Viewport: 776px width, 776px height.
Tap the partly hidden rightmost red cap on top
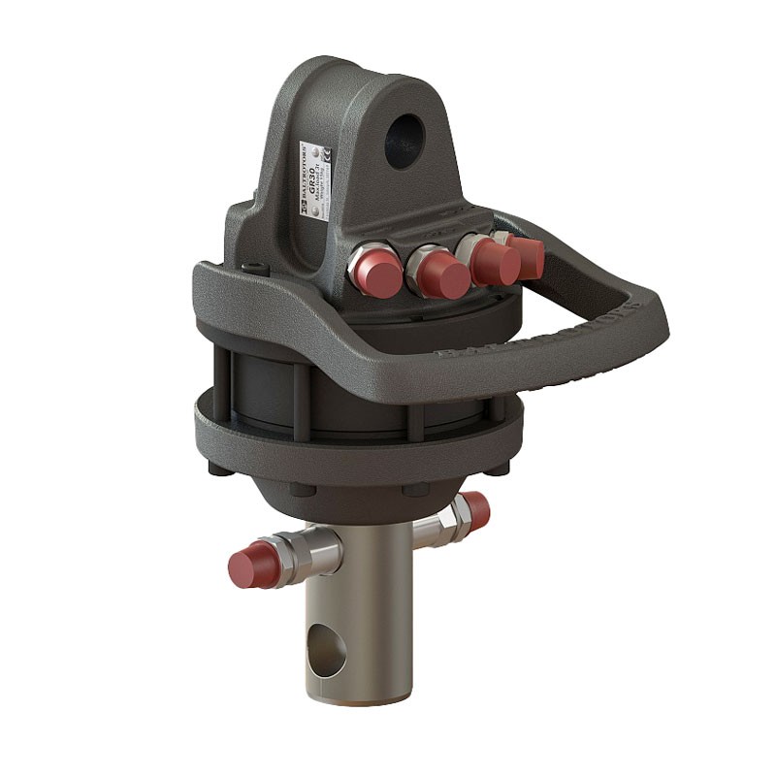[x=529, y=254]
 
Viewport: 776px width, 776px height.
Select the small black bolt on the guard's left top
[x=253, y=272]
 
